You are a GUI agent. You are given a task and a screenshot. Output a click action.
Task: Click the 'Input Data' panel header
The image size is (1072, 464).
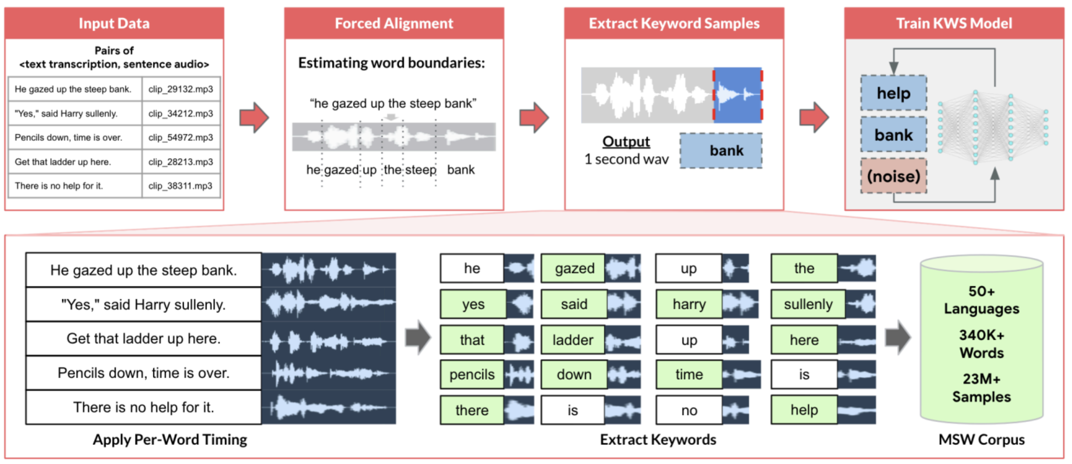pyautogui.click(x=114, y=23)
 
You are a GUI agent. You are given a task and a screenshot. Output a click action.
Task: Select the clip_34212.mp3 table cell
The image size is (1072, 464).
pyautogui.click(x=180, y=113)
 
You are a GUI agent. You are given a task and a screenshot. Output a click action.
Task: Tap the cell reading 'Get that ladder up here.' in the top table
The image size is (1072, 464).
pyautogui.click(x=75, y=162)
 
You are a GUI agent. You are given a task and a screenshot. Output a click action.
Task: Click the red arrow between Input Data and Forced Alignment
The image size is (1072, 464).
pyautogui.click(x=254, y=118)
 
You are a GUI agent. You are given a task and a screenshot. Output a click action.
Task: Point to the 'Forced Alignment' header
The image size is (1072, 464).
pyautogui.click(x=394, y=23)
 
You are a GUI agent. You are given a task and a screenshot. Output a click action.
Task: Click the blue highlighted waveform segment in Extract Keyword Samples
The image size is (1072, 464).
pyautogui.click(x=738, y=95)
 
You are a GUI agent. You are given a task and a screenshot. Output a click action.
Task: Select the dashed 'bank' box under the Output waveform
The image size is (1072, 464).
pyautogui.click(x=721, y=151)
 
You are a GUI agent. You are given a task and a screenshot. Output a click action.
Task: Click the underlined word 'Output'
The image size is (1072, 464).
pyautogui.click(x=626, y=142)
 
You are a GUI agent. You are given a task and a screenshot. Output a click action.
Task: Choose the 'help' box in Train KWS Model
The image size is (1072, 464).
pyautogui.click(x=893, y=93)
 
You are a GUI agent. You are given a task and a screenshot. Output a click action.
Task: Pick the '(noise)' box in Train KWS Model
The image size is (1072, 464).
pyautogui.click(x=893, y=176)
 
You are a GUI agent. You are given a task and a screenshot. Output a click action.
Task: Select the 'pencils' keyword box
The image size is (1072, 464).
pyautogui.click(x=472, y=374)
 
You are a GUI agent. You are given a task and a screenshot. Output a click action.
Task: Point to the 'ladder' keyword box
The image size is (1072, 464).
pyautogui.click(x=573, y=340)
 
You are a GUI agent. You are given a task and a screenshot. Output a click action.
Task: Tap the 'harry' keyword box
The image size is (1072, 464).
pyautogui.click(x=689, y=304)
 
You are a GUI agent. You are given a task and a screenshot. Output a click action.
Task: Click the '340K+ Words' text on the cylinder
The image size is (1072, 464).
pyautogui.click(x=981, y=344)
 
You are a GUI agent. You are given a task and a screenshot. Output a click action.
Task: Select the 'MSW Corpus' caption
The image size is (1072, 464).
pyautogui.click(x=981, y=440)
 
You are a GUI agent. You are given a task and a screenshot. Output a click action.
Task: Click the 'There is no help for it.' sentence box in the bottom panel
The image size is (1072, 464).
pyautogui.click(x=144, y=407)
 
